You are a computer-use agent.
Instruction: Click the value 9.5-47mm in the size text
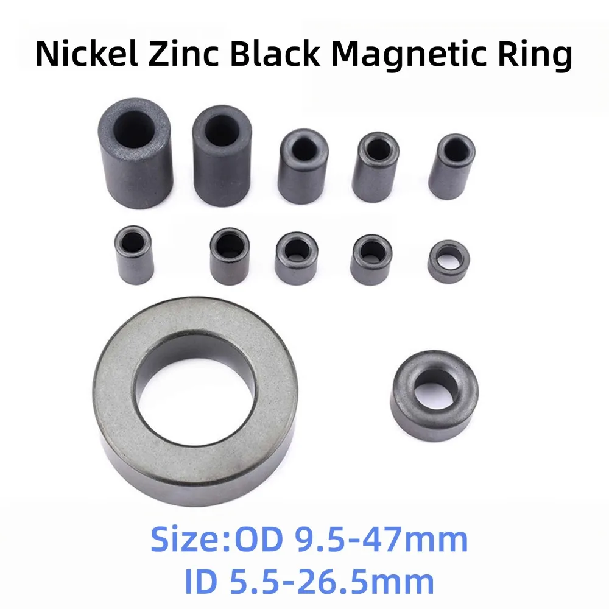click(381, 540)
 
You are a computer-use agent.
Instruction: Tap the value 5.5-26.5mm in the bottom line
click(331, 582)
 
